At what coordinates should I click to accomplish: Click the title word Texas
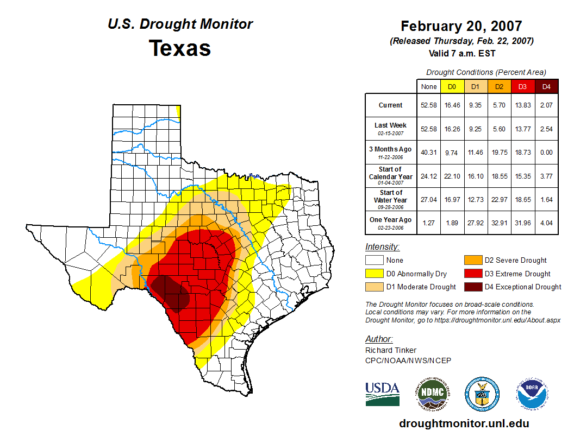180,48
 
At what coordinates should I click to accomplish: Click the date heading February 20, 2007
461,26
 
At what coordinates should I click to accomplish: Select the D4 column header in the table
546,86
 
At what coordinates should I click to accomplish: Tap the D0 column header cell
452,86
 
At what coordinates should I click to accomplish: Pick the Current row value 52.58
428,105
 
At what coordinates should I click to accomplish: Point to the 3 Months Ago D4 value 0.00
546,153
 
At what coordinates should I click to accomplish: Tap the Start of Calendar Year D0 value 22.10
452,176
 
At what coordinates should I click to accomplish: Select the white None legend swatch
374,261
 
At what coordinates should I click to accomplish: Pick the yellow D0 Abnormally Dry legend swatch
374,274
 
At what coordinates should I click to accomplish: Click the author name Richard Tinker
391,350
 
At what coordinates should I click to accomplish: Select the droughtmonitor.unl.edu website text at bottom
464,423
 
